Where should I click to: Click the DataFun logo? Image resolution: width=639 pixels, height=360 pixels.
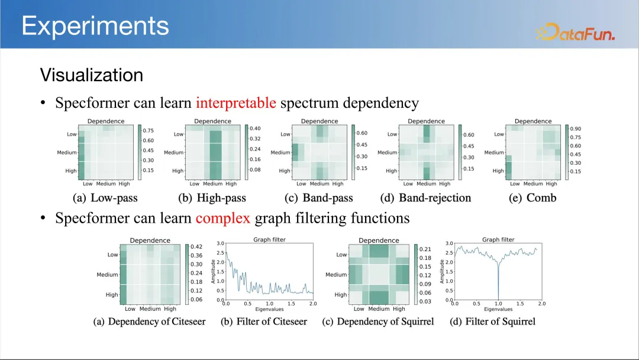pyautogui.click(x=575, y=32)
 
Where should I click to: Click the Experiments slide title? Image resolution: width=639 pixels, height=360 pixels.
pyautogui.click(x=95, y=26)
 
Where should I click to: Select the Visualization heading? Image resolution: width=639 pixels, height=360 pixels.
pyautogui.click(x=92, y=75)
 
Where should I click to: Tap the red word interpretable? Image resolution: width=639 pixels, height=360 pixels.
pyautogui.click(x=236, y=103)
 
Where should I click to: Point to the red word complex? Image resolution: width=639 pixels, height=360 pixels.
pyautogui.click(x=223, y=218)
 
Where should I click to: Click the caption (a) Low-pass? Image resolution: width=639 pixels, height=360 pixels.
pyautogui.click(x=105, y=198)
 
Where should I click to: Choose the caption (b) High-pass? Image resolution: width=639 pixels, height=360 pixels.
pyautogui.click(x=212, y=198)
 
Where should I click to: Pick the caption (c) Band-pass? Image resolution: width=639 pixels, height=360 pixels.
pyautogui.click(x=319, y=198)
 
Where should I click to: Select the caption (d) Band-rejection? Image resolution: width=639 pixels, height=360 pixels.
pyautogui.click(x=425, y=198)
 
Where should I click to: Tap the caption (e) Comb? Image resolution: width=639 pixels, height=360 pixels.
pyautogui.click(x=532, y=198)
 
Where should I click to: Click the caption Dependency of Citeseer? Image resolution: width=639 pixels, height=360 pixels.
pyautogui.click(x=157, y=322)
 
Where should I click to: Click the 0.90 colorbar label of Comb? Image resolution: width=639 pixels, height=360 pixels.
pyautogui.click(x=576, y=129)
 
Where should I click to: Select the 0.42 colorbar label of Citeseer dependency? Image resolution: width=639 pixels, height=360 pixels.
pyautogui.click(x=196, y=247)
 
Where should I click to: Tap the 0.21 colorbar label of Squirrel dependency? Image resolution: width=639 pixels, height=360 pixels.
pyautogui.click(x=425, y=249)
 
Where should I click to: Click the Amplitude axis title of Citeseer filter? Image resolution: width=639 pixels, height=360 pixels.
pyautogui.click(x=213, y=272)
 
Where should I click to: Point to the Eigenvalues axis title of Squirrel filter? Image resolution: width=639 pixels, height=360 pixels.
pyautogui.click(x=498, y=310)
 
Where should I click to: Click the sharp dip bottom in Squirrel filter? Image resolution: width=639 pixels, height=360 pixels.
pyautogui.click(x=498, y=299)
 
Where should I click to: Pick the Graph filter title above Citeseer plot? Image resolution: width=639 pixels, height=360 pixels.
pyautogui.click(x=269, y=240)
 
